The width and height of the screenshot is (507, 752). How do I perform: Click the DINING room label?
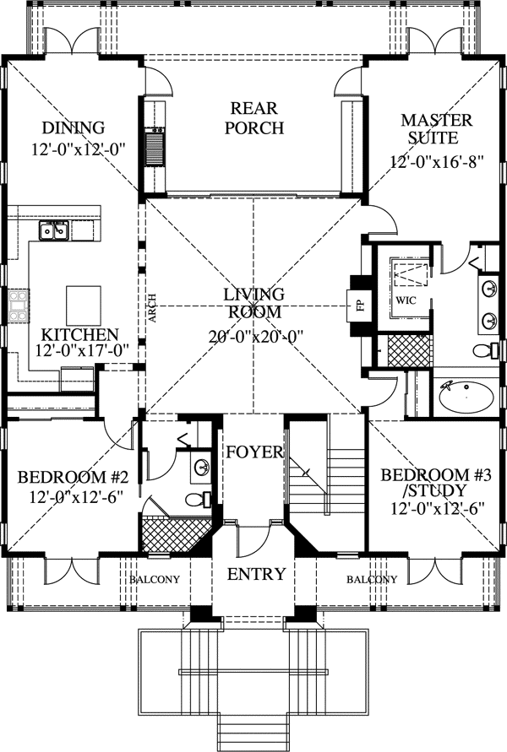(x=73, y=128)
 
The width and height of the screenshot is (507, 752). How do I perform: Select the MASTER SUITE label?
(x=431, y=128)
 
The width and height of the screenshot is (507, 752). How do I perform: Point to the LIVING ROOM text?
(x=253, y=302)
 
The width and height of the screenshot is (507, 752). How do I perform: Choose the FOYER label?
(x=254, y=452)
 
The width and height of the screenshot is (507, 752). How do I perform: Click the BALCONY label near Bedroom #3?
(x=371, y=580)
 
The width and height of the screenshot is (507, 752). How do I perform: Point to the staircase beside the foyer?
(x=325, y=481)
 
